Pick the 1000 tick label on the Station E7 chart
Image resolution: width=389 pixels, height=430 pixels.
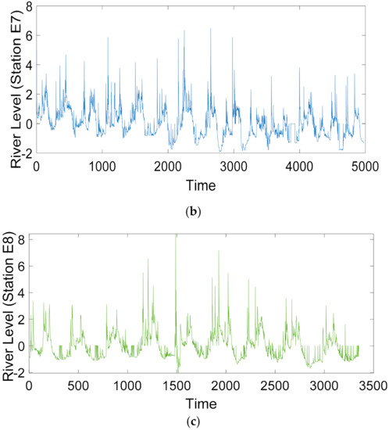point(102,167)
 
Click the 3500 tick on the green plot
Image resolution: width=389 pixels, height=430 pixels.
point(373,386)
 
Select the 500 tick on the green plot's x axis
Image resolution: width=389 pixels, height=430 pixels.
point(78,386)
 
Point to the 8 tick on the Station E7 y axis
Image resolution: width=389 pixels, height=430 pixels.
point(26,7)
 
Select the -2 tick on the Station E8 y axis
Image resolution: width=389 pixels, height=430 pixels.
point(19,371)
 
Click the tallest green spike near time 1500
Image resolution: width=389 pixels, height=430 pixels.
point(176,237)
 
